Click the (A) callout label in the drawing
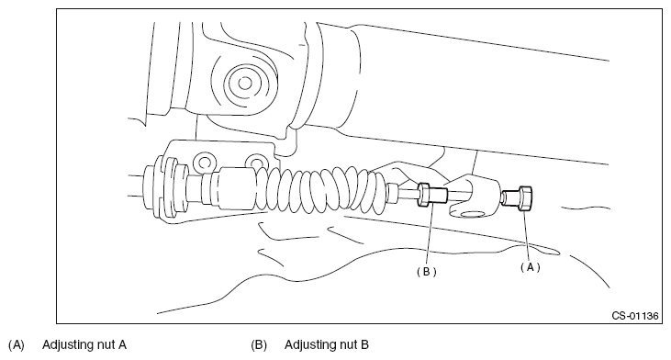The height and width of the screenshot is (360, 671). point(531,267)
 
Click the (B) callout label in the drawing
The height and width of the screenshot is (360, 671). point(427,272)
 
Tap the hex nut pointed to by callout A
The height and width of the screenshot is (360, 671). point(525,198)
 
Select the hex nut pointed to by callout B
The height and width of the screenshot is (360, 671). point(424,195)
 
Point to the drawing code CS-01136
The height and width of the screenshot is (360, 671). point(635,316)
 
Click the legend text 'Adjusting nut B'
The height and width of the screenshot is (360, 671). point(327,344)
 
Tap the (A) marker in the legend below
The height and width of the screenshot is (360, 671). point(17,345)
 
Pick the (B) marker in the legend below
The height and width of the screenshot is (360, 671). point(259,345)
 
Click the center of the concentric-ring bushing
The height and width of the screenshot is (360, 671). point(245,83)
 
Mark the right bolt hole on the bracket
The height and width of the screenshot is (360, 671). point(256,163)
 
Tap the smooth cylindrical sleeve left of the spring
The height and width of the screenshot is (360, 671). point(236,189)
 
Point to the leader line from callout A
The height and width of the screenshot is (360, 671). point(528,236)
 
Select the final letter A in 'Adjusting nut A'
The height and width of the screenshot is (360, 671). point(122,344)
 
